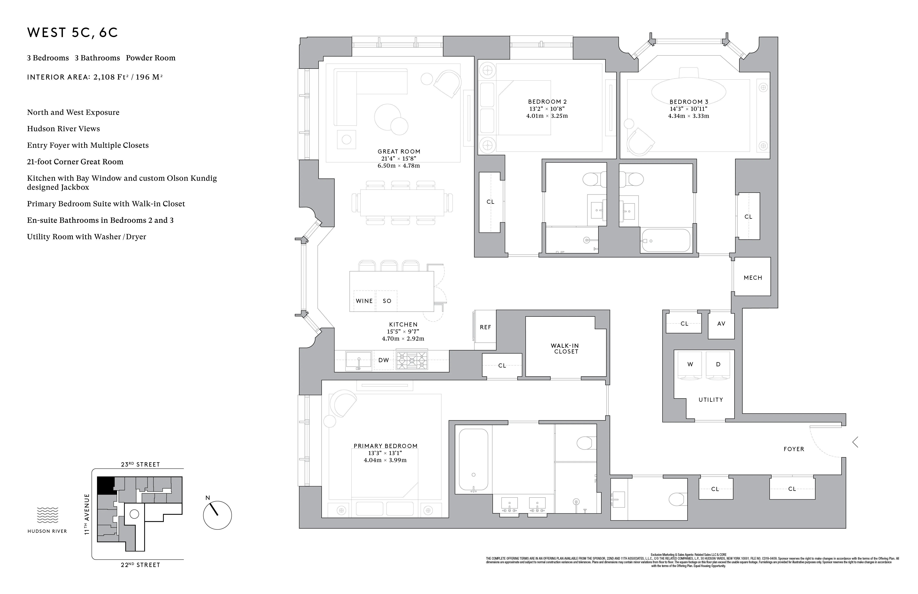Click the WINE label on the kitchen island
click(364, 301)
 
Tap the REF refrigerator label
click(485, 327)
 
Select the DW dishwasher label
click(383, 360)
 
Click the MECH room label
click(753, 278)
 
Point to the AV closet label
click(721, 324)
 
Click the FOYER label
click(793, 449)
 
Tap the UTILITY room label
click(710, 400)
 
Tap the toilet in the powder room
click(676, 499)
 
